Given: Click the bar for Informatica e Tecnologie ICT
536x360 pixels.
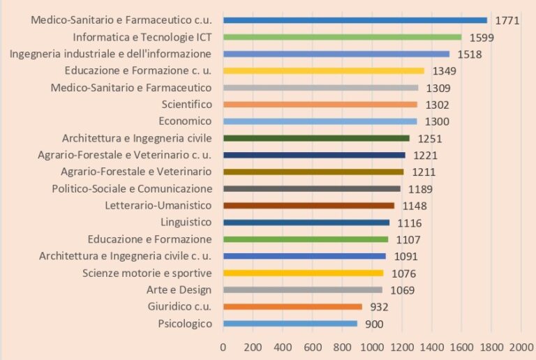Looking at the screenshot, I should pos(342,37).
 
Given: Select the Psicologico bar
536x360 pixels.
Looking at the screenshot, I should pos(290,324).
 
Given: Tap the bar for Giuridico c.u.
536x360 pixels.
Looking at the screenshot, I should pos(292,307).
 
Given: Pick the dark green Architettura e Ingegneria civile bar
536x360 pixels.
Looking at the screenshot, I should pos(316,138).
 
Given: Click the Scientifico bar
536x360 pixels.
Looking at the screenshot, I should pos(320,105).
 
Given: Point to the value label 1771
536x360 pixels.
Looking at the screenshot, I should pos(507,20).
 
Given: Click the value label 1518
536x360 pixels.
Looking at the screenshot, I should pos(470,54).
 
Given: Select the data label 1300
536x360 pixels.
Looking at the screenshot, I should pos(438,121).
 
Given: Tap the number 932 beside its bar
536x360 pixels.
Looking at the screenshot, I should pos(380,307).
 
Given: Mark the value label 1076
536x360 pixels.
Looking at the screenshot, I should pos(404,273).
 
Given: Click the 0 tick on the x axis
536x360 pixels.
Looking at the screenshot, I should pos(223,347).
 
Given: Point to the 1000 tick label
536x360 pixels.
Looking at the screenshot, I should pos(372,347).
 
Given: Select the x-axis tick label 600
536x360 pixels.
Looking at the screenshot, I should pos(313,347).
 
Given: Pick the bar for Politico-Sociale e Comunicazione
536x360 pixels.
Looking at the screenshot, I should pos(312,189).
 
